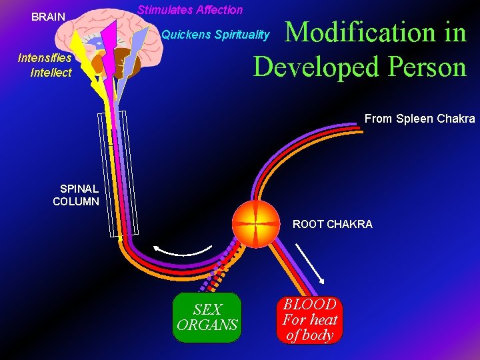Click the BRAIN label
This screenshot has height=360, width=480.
pos(49,17)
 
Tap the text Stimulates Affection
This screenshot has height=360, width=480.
pos(190,10)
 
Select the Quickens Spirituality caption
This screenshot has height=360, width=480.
pos(216,35)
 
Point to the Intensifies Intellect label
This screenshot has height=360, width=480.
pos(45,65)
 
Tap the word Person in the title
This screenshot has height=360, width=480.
pos(423,67)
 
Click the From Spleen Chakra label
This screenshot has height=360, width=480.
pos(419,119)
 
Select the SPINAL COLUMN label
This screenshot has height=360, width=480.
pos(76,195)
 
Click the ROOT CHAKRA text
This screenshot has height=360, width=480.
pos(333,225)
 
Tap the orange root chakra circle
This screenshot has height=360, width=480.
pos(256,223)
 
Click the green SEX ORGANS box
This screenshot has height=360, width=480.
pos(207,317)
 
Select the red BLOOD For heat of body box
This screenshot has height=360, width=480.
pos(309,320)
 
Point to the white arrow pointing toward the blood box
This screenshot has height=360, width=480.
pos(310,263)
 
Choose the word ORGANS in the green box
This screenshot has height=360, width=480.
pos(207,325)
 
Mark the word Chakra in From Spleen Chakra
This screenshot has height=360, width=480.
pos(458,119)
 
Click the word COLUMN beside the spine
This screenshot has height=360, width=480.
pos(76,201)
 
